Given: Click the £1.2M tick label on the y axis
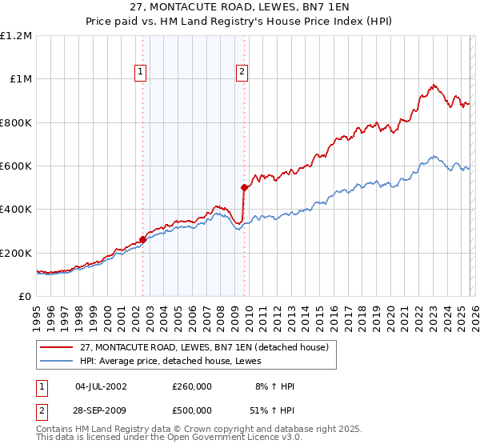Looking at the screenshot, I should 16,36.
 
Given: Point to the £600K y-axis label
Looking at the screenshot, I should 16,166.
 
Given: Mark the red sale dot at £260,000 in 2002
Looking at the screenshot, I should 142,239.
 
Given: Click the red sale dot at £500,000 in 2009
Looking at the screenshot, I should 244,187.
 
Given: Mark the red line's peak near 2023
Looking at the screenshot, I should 433,84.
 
